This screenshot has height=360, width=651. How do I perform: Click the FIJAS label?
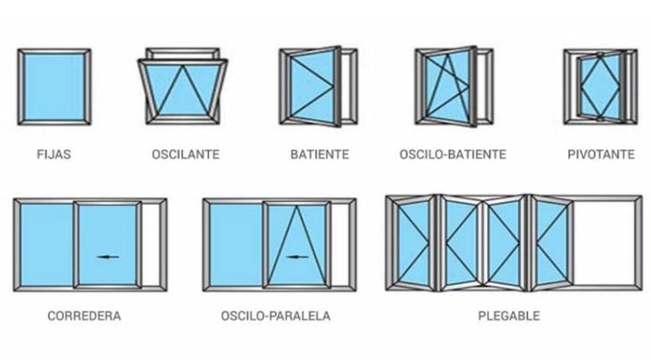click(x=54, y=154)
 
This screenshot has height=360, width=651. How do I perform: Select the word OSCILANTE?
click(x=186, y=154)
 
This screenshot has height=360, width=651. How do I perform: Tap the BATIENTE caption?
click(x=319, y=154)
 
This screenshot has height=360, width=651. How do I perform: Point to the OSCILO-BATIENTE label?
click(x=453, y=154)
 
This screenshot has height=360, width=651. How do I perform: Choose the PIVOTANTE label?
click(x=601, y=154)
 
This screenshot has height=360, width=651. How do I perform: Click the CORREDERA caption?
click(x=84, y=316)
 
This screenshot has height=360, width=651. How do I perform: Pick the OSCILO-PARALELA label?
click(x=275, y=316)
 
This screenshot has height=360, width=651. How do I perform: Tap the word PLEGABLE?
click(x=509, y=316)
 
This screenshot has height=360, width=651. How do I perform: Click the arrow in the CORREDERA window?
click(x=108, y=256)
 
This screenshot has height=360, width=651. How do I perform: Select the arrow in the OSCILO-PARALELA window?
click(x=297, y=256)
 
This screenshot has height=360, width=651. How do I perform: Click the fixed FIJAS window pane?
click(x=54, y=87)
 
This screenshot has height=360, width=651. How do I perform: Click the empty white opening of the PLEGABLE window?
click(x=604, y=243)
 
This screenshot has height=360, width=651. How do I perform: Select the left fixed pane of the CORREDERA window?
click(x=47, y=244)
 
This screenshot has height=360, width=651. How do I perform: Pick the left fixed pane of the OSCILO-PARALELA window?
click(x=235, y=244)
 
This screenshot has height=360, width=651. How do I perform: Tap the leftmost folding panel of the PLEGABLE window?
click(x=413, y=243)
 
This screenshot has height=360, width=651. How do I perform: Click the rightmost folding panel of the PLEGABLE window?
click(x=552, y=243)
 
